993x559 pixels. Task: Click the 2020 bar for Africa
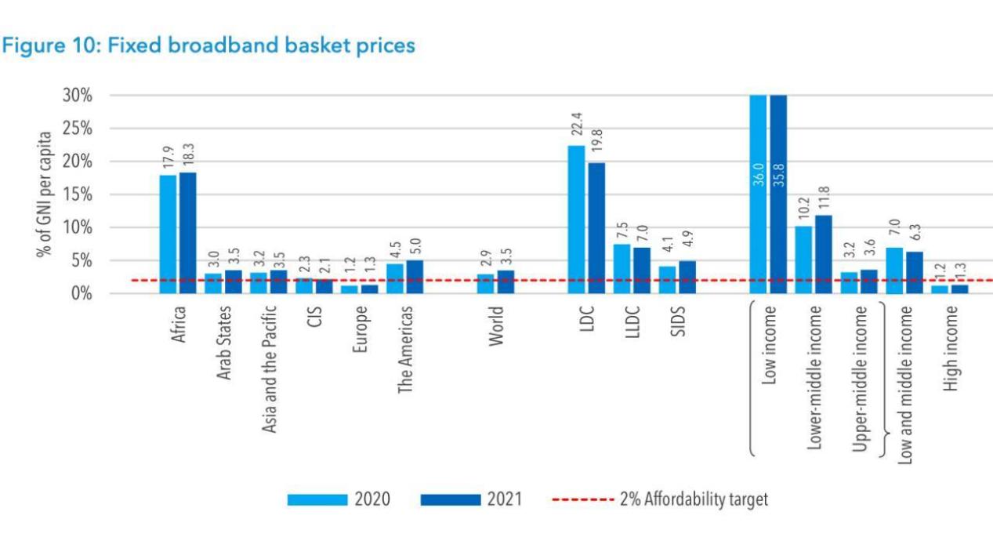point(169,234)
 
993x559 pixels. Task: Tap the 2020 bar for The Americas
point(395,278)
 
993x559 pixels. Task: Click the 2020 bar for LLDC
point(622,269)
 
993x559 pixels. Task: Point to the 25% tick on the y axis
point(78,129)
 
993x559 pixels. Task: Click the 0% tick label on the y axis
point(82,294)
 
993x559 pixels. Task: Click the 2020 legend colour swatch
point(317,499)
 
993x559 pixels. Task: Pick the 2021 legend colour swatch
point(450,499)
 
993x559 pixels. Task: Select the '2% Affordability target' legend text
point(694,499)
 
